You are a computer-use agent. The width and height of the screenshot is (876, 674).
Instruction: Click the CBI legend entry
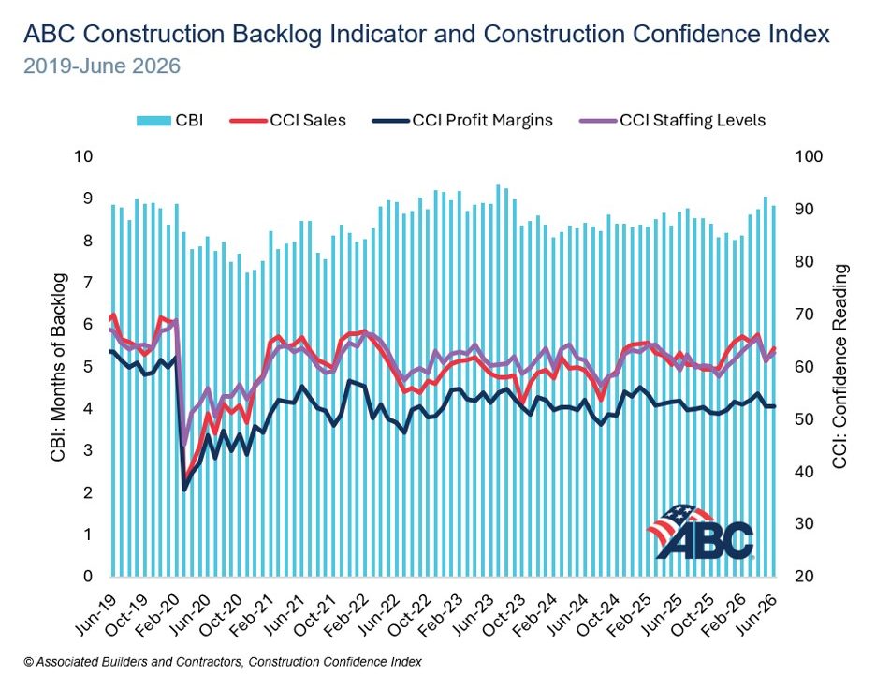coord(169,120)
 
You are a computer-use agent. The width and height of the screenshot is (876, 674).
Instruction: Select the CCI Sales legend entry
coord(287,120)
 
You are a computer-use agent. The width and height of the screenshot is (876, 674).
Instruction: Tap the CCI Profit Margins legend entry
coord(462,120)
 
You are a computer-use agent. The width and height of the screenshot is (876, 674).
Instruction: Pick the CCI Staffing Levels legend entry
coord(673,120)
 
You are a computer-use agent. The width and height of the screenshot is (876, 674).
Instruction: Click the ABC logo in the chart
coord(701,532)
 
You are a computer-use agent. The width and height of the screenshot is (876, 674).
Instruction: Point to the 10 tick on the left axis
coord(83,156)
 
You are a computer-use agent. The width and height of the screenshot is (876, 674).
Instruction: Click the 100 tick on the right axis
coord(809,156)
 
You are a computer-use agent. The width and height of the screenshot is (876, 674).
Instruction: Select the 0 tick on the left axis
coord(88,577)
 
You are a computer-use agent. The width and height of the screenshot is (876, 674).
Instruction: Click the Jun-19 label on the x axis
coord(96,614)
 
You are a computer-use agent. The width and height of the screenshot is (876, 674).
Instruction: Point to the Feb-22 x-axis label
coord(347,614)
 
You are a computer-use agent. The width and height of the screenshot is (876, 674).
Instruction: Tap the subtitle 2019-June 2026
coord(102,66)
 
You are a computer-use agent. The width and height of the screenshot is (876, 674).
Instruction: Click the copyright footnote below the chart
coord(223,662)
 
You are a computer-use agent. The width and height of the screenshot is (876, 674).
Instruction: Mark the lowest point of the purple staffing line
coord(183,445)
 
